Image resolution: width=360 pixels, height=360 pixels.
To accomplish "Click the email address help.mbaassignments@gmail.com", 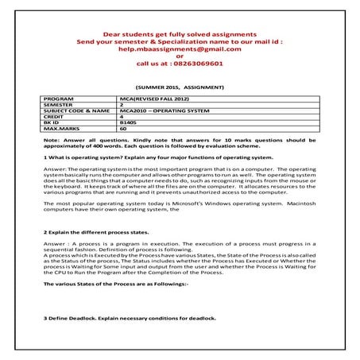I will pos(180,49).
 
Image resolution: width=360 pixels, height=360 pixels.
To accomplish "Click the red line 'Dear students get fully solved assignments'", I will pos(180,35).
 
